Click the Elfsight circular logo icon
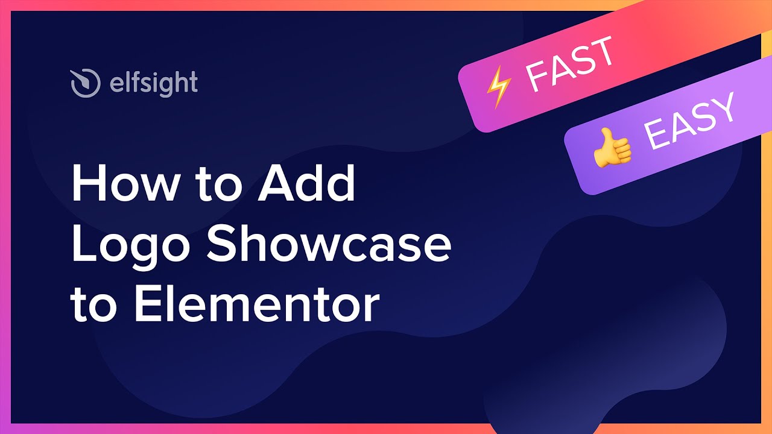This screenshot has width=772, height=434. (86, 83)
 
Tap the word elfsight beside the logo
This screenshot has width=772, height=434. (154, 84)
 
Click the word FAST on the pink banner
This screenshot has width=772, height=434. (569, 64)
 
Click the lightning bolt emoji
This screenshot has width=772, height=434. (499, 87)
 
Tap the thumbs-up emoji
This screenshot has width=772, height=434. (612, 148)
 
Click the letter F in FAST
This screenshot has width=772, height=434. (538, 77)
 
